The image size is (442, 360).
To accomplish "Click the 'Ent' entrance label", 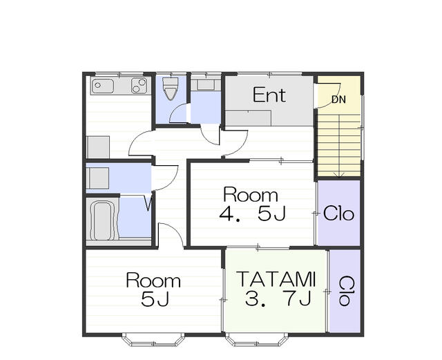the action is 269,95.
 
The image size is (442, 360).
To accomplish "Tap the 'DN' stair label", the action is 338,100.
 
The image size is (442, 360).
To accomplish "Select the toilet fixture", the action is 171,88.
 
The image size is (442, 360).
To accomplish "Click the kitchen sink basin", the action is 103,86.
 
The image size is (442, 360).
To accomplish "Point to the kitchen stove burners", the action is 139,86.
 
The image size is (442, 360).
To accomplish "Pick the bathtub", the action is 103,220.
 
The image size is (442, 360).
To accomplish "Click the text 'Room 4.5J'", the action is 251,204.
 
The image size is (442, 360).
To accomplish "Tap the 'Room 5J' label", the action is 153,290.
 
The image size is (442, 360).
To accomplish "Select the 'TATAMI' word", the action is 276,278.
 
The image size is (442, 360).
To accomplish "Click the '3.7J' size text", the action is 278,299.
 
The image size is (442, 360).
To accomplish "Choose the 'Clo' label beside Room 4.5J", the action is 338,214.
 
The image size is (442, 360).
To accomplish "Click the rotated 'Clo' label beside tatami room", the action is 344,291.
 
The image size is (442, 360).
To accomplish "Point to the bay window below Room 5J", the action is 153,340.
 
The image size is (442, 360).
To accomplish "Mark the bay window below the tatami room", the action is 257,340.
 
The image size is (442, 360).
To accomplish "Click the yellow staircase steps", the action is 339,145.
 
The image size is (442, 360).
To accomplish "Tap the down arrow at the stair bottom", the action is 338,175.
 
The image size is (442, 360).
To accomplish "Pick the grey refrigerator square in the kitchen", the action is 98,147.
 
